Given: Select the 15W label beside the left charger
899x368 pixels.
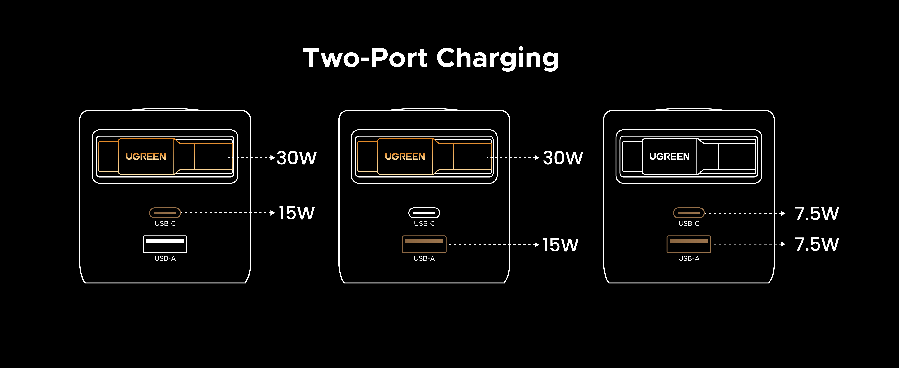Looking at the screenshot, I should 297,213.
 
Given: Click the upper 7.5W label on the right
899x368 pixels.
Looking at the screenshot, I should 817,214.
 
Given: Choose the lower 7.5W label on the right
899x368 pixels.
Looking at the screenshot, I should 817,244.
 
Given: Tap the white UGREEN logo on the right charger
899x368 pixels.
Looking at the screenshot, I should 669,156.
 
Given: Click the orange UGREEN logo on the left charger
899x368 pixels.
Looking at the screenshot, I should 146,156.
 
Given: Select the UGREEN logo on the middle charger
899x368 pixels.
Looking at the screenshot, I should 405,156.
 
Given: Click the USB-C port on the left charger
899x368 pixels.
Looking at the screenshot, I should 165,213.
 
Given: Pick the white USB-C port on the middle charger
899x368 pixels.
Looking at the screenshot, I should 424,213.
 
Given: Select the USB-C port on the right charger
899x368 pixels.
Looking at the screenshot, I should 689,213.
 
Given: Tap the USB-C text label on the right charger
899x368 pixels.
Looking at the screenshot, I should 689,223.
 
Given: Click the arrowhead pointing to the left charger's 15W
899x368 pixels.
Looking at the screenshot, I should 273,213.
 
